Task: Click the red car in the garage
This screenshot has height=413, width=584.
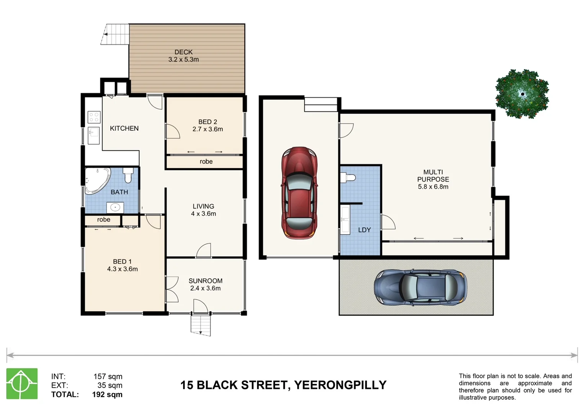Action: click(x=299, y=193)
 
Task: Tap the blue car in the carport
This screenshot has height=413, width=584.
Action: click(x=420, y=288)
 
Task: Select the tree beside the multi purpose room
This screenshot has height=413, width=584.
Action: click(x=522, y=94)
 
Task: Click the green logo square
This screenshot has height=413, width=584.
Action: click(x=22, y=384)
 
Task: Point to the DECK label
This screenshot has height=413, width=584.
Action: click(x=183, y=52)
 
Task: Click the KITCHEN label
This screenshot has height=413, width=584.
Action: click(x=124, y=128)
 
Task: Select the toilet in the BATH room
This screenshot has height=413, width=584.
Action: click(x=128, y=175)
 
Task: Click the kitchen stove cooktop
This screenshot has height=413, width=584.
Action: click(x=94, y=117)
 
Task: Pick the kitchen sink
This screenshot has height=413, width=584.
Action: click(x=93, y=135)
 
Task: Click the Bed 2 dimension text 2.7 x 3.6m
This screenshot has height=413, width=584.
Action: click(x=208, y=129)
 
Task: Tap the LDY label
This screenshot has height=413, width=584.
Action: click(x=365, y=230)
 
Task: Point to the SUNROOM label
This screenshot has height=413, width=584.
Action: click(x=205, y=281)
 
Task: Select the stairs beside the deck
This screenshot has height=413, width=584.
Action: click(x=115, y=34)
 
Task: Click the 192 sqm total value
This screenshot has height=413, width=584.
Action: click(x=107, y=395)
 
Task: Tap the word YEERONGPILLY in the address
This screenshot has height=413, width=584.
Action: click(x=340, y=385)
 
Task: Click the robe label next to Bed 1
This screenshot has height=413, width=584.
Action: click(x=103, y=220)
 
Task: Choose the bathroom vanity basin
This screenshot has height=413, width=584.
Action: click(x=115, y=208)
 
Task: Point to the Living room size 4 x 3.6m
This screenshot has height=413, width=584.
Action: click(x=203, y=214)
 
